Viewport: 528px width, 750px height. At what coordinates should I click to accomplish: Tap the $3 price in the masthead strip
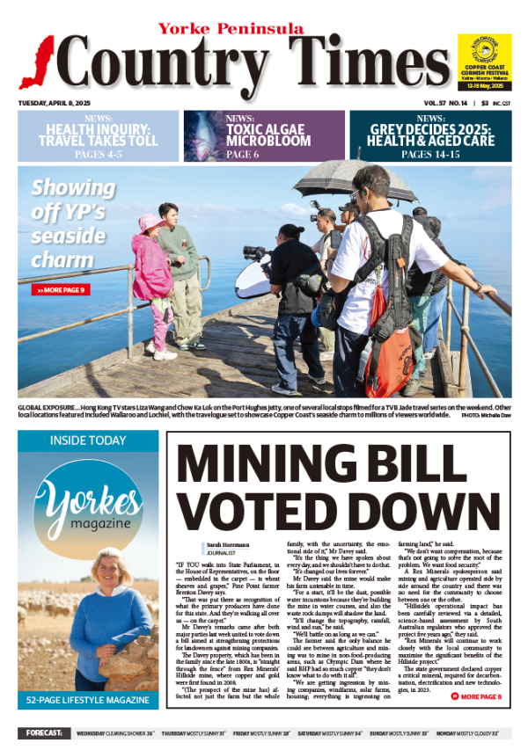[x=483, y=103]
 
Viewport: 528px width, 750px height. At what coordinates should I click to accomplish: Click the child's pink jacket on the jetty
[x=151, y=267]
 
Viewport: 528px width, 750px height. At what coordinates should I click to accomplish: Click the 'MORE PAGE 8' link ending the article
[x=481, y=697]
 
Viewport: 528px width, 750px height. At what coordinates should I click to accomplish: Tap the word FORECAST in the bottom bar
[x=43, y=732]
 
